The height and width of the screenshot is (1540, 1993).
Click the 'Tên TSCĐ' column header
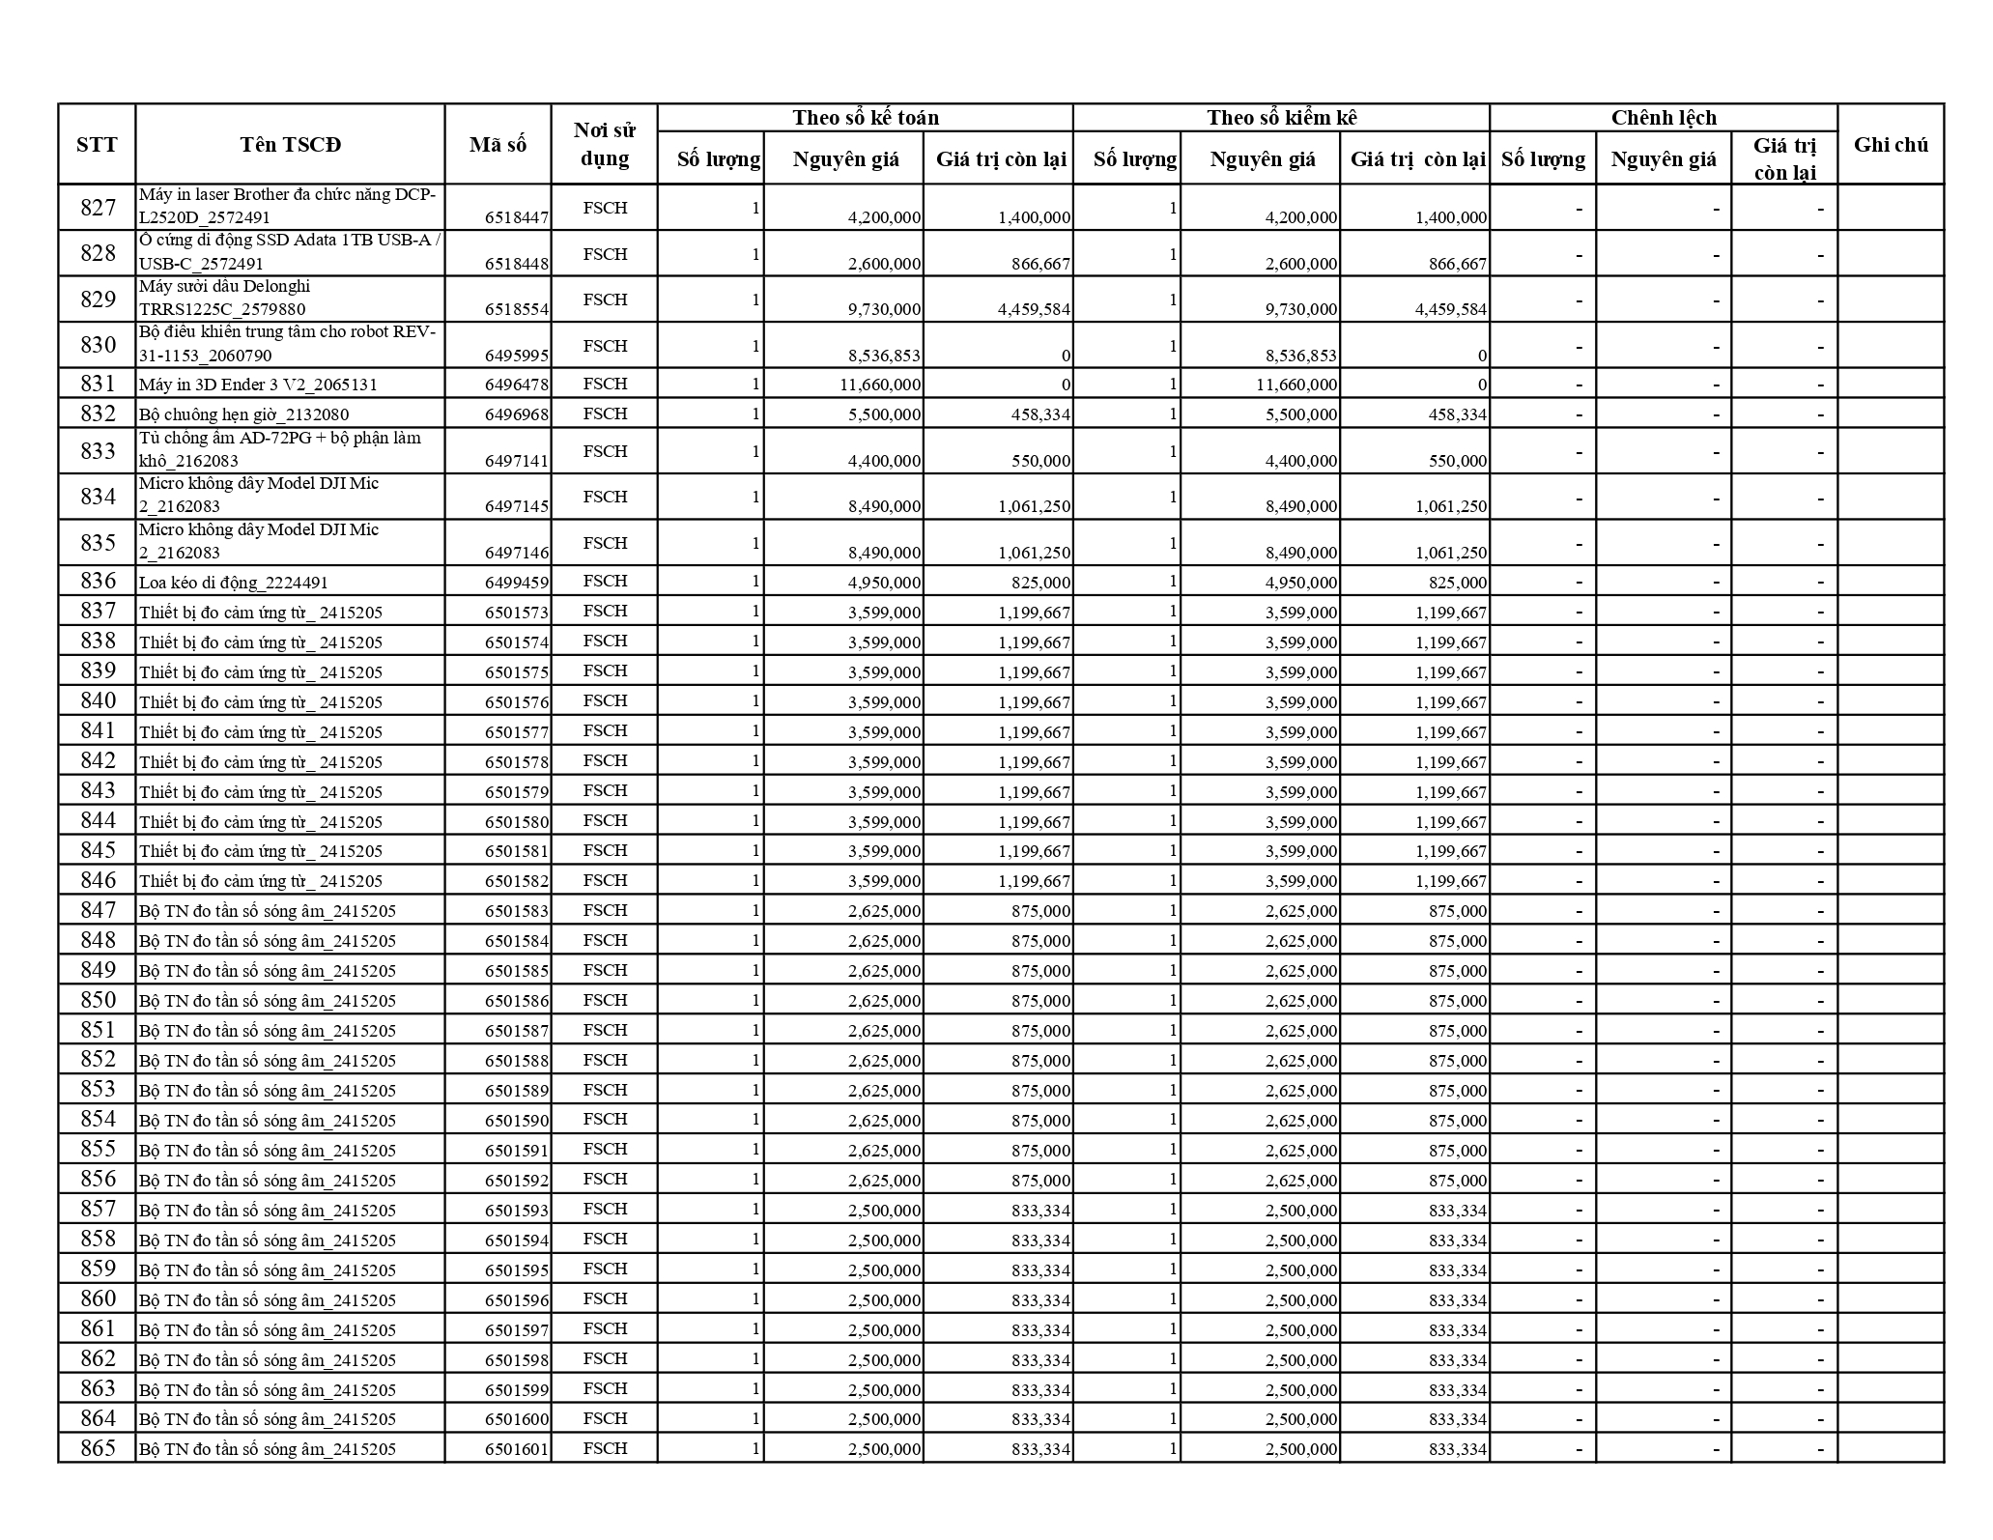(x=290, y=145)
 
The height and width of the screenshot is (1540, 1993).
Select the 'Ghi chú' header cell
(x=1890, y=145)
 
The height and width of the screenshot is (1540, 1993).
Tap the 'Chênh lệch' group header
(x=1663, y=118)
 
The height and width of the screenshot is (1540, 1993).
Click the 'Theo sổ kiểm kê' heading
(x=1281, y=118)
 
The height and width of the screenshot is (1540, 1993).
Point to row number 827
(x=98, y=208)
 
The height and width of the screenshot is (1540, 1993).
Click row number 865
(x=98, y=1448)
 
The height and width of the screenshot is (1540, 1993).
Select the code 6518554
(x=516, y=309)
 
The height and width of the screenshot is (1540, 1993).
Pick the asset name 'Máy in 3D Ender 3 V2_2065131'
(x=258, y=385)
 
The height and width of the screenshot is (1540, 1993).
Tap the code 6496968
(x=516, y=414)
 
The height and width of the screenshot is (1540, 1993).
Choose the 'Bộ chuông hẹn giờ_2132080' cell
(x=243, y=414)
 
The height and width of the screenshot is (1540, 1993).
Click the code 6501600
(x=516, y=1419)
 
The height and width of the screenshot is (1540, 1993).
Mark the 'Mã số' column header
(x=498, y=145)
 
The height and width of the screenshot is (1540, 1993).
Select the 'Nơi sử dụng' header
(x=605, y=145)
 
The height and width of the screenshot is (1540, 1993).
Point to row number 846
(x=98, y=880)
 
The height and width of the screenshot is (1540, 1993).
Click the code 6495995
(x=516, y=356)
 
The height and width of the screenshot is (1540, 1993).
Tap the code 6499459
(x=516, y=583)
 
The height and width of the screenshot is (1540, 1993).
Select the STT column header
(x=97, y=145)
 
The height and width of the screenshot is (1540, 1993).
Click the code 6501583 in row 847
(x=516, y=911)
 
